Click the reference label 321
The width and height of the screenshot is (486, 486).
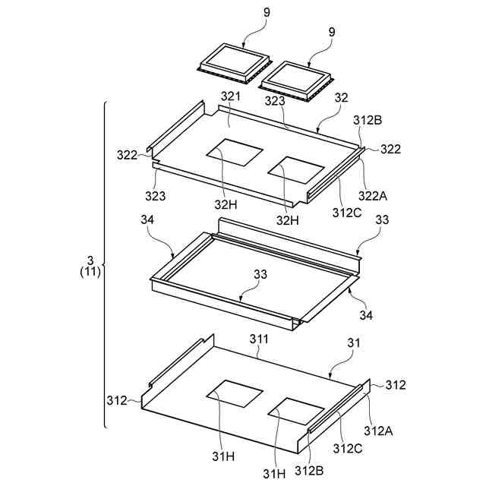[x=230, y=97]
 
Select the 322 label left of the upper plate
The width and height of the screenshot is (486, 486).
[x=127, y=155]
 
